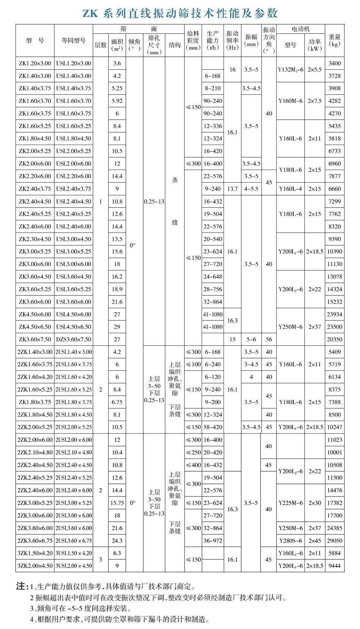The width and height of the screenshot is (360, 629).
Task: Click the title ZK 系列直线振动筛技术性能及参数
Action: [x=180, y=14]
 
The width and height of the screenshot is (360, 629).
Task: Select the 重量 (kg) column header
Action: [x=335, y=41]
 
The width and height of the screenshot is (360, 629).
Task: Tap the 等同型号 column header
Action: [x=74, y=41]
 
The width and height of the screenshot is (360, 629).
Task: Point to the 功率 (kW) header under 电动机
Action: [x=315, y=45]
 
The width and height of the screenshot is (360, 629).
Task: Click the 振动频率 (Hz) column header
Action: [x=232, y=41]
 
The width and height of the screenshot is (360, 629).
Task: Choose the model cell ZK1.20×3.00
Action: [x=35, y=63]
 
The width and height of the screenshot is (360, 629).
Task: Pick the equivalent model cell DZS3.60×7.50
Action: [x=74, y=339]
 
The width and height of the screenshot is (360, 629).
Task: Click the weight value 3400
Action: [x=335, y=63]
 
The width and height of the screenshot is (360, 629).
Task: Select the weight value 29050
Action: [x=335, y=540]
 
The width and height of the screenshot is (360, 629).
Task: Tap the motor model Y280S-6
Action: [x=290, y=540]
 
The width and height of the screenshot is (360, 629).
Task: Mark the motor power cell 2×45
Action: [x=315, y=540]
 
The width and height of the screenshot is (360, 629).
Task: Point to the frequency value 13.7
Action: [x=232, y=189]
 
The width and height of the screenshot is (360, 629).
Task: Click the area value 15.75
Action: [x=117, y=503]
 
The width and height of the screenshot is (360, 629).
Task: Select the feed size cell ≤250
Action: [x=193, y=452]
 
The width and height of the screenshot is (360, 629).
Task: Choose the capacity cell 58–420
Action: [x=213, y=427]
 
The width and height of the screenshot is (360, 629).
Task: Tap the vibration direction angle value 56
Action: [x=269, y=339]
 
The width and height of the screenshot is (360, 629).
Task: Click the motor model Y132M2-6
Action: [x=290, y=70]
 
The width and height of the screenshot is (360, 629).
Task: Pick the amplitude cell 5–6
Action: [x=251, y=339]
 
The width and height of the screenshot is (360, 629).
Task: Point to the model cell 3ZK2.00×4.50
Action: [x=35, y=566]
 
